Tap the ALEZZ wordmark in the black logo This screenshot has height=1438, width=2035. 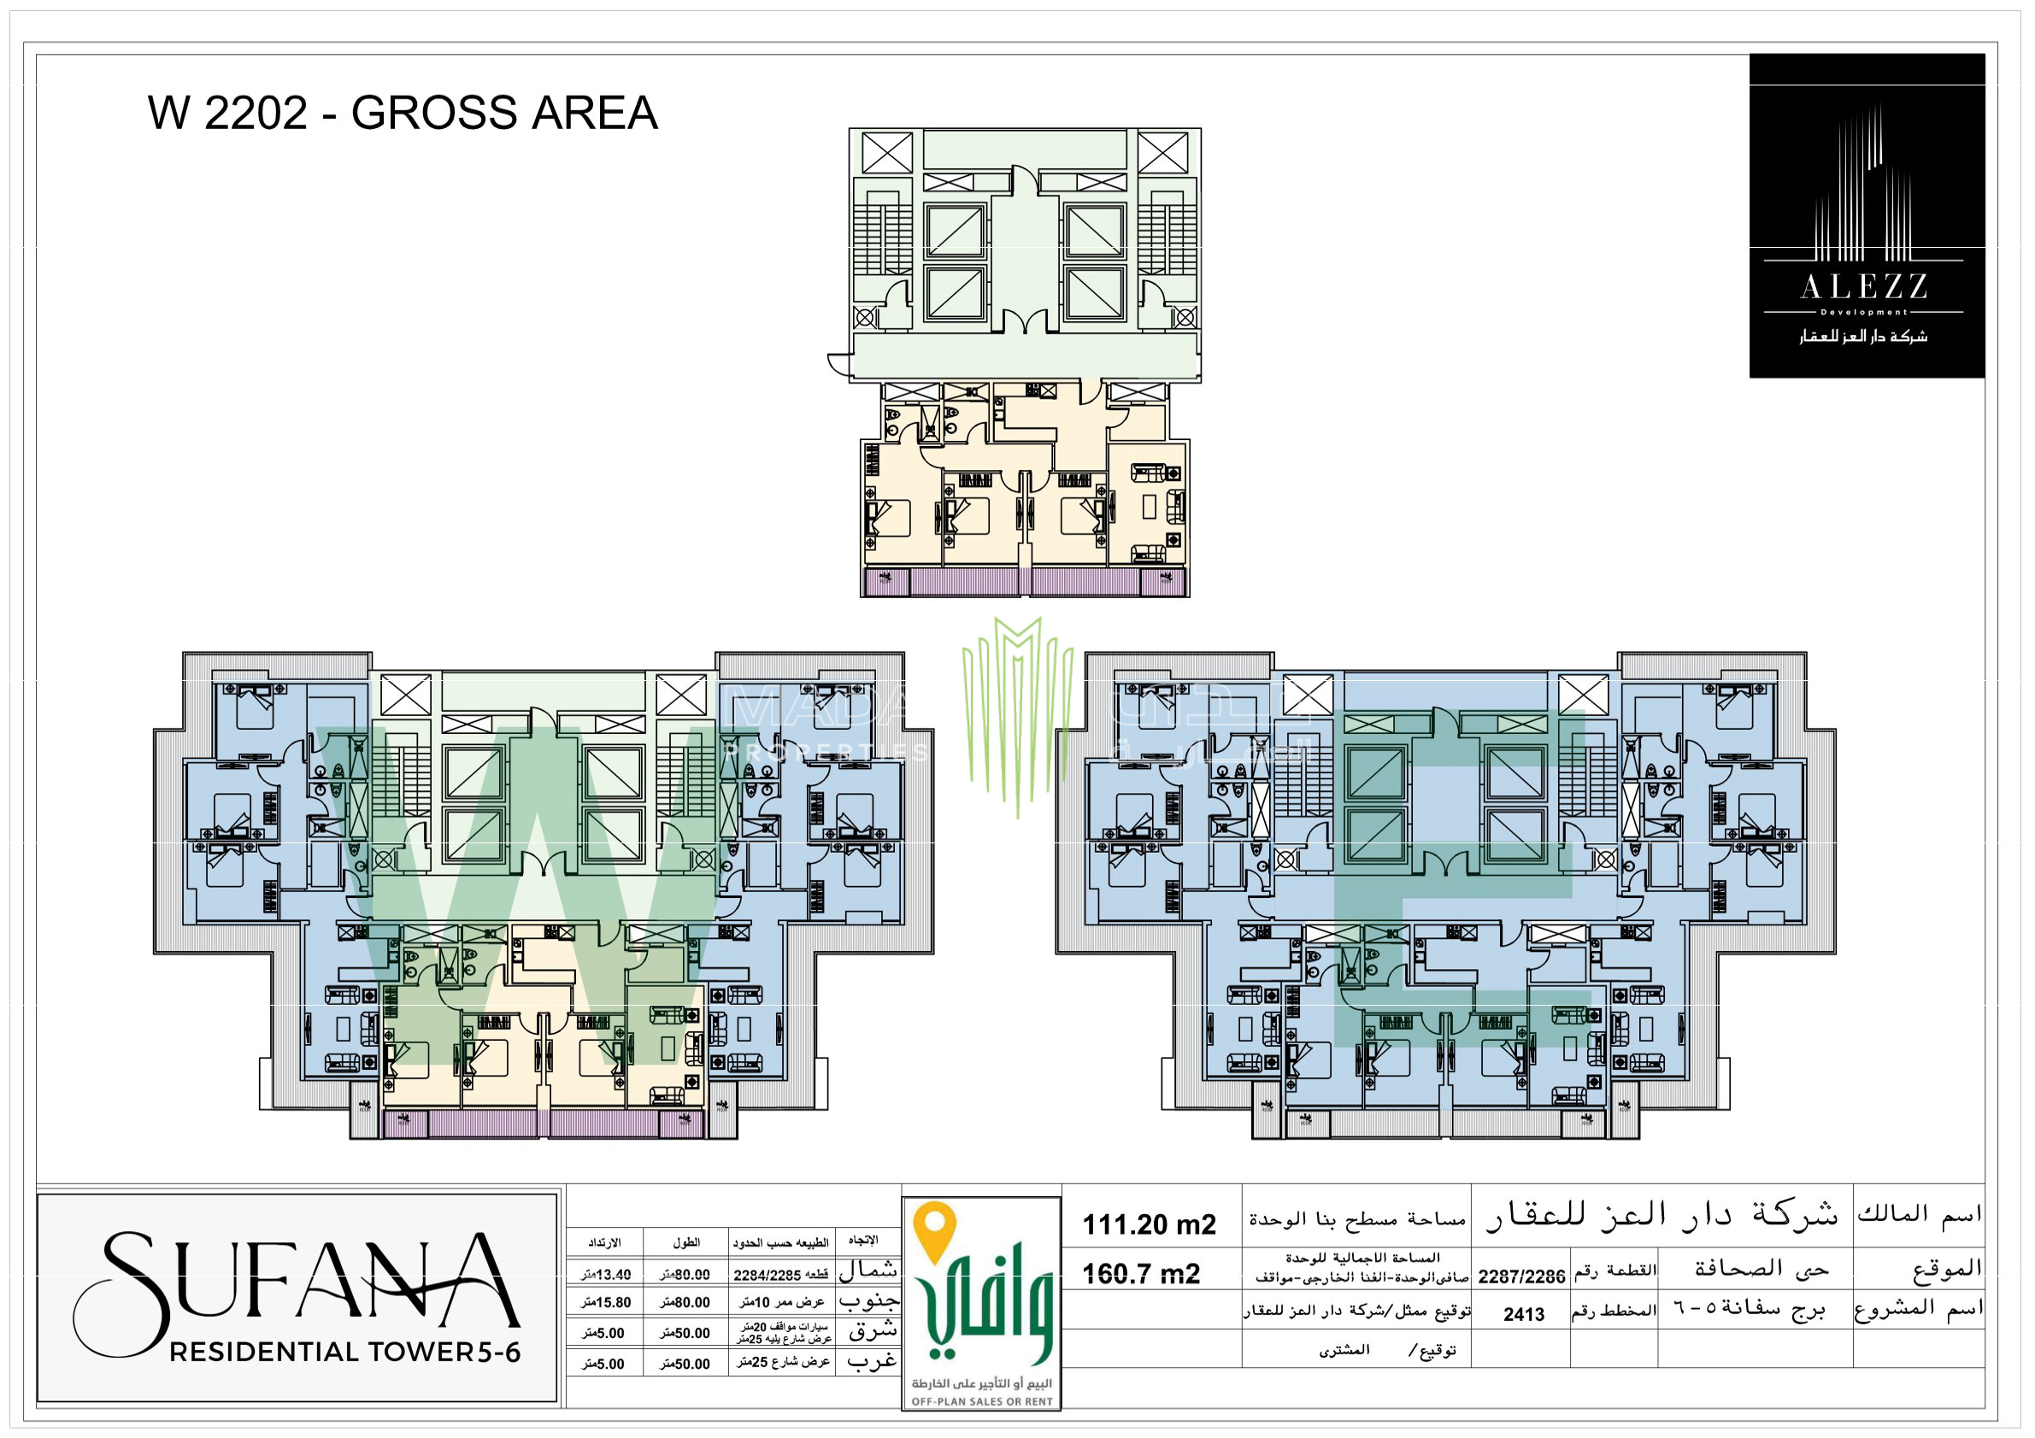(x=1864, y=287)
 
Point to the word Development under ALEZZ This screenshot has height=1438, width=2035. (x=1864, y=312)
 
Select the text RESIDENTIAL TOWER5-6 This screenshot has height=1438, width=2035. (x=344, y=1352)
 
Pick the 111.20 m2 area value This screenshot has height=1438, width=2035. (x=1150, y=1225)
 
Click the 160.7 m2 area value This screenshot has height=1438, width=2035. (x=1142, y=1275)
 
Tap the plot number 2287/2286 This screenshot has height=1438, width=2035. (x=1521, y=1277)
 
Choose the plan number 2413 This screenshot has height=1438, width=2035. (x=1524, y=1315)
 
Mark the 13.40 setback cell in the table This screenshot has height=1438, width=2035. (x=607, y=1275)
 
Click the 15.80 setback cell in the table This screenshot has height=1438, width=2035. (x=607, y=1302)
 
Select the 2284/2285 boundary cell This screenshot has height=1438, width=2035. (x=780, y=1275)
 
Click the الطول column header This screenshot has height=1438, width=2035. (x=686, y=1243)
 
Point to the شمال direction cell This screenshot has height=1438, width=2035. (x=868, y=1270)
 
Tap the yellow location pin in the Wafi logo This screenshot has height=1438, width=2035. (x=935, y=1230)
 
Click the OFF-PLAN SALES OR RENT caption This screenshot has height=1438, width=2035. (x=982, y=1401)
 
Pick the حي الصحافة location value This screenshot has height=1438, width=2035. (x=1762, y=1269)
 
